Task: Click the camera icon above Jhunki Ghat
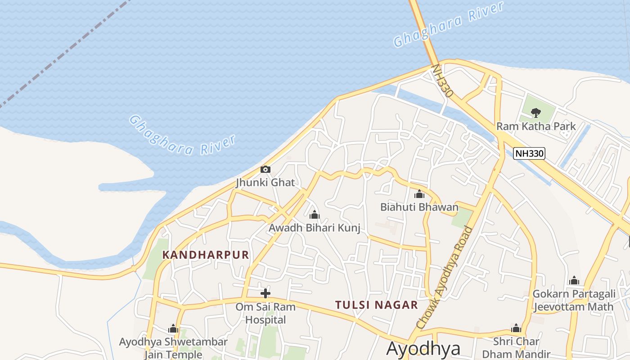pyautogui.click(x=265, y=170)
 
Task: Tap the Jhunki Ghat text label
pyautogui.click(x=265, y=183)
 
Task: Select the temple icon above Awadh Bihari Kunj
pyautogui.click(x=315, y=215)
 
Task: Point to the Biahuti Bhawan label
pyautogui.click(x=419, y=207)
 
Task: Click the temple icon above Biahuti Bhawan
pyautogui.click(x=419, y=194)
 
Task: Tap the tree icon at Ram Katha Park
pyautogui.click(x=535, y=112)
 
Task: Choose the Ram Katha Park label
pyautogui.click(x=535, y=126)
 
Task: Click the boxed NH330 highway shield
pyautogui.click(x=529, y=153)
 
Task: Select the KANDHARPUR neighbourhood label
pyautogui.click(x=206, y=255)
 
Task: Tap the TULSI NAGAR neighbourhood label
pyautogui.click(x=377, y=305)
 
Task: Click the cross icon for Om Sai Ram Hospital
pyautogui.click(x=265, y=294)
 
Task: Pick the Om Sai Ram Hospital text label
pyautogui.click(x=265, y=314)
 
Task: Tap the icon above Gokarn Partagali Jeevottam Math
pyautogui.click(x=574, y=281)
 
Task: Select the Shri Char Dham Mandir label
pyautogui.click(x=516, y=347)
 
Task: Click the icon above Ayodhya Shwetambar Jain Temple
pyautogui.click(x=173, y=329)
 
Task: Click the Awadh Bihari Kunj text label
pyautogui.click(x=315, y=228)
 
